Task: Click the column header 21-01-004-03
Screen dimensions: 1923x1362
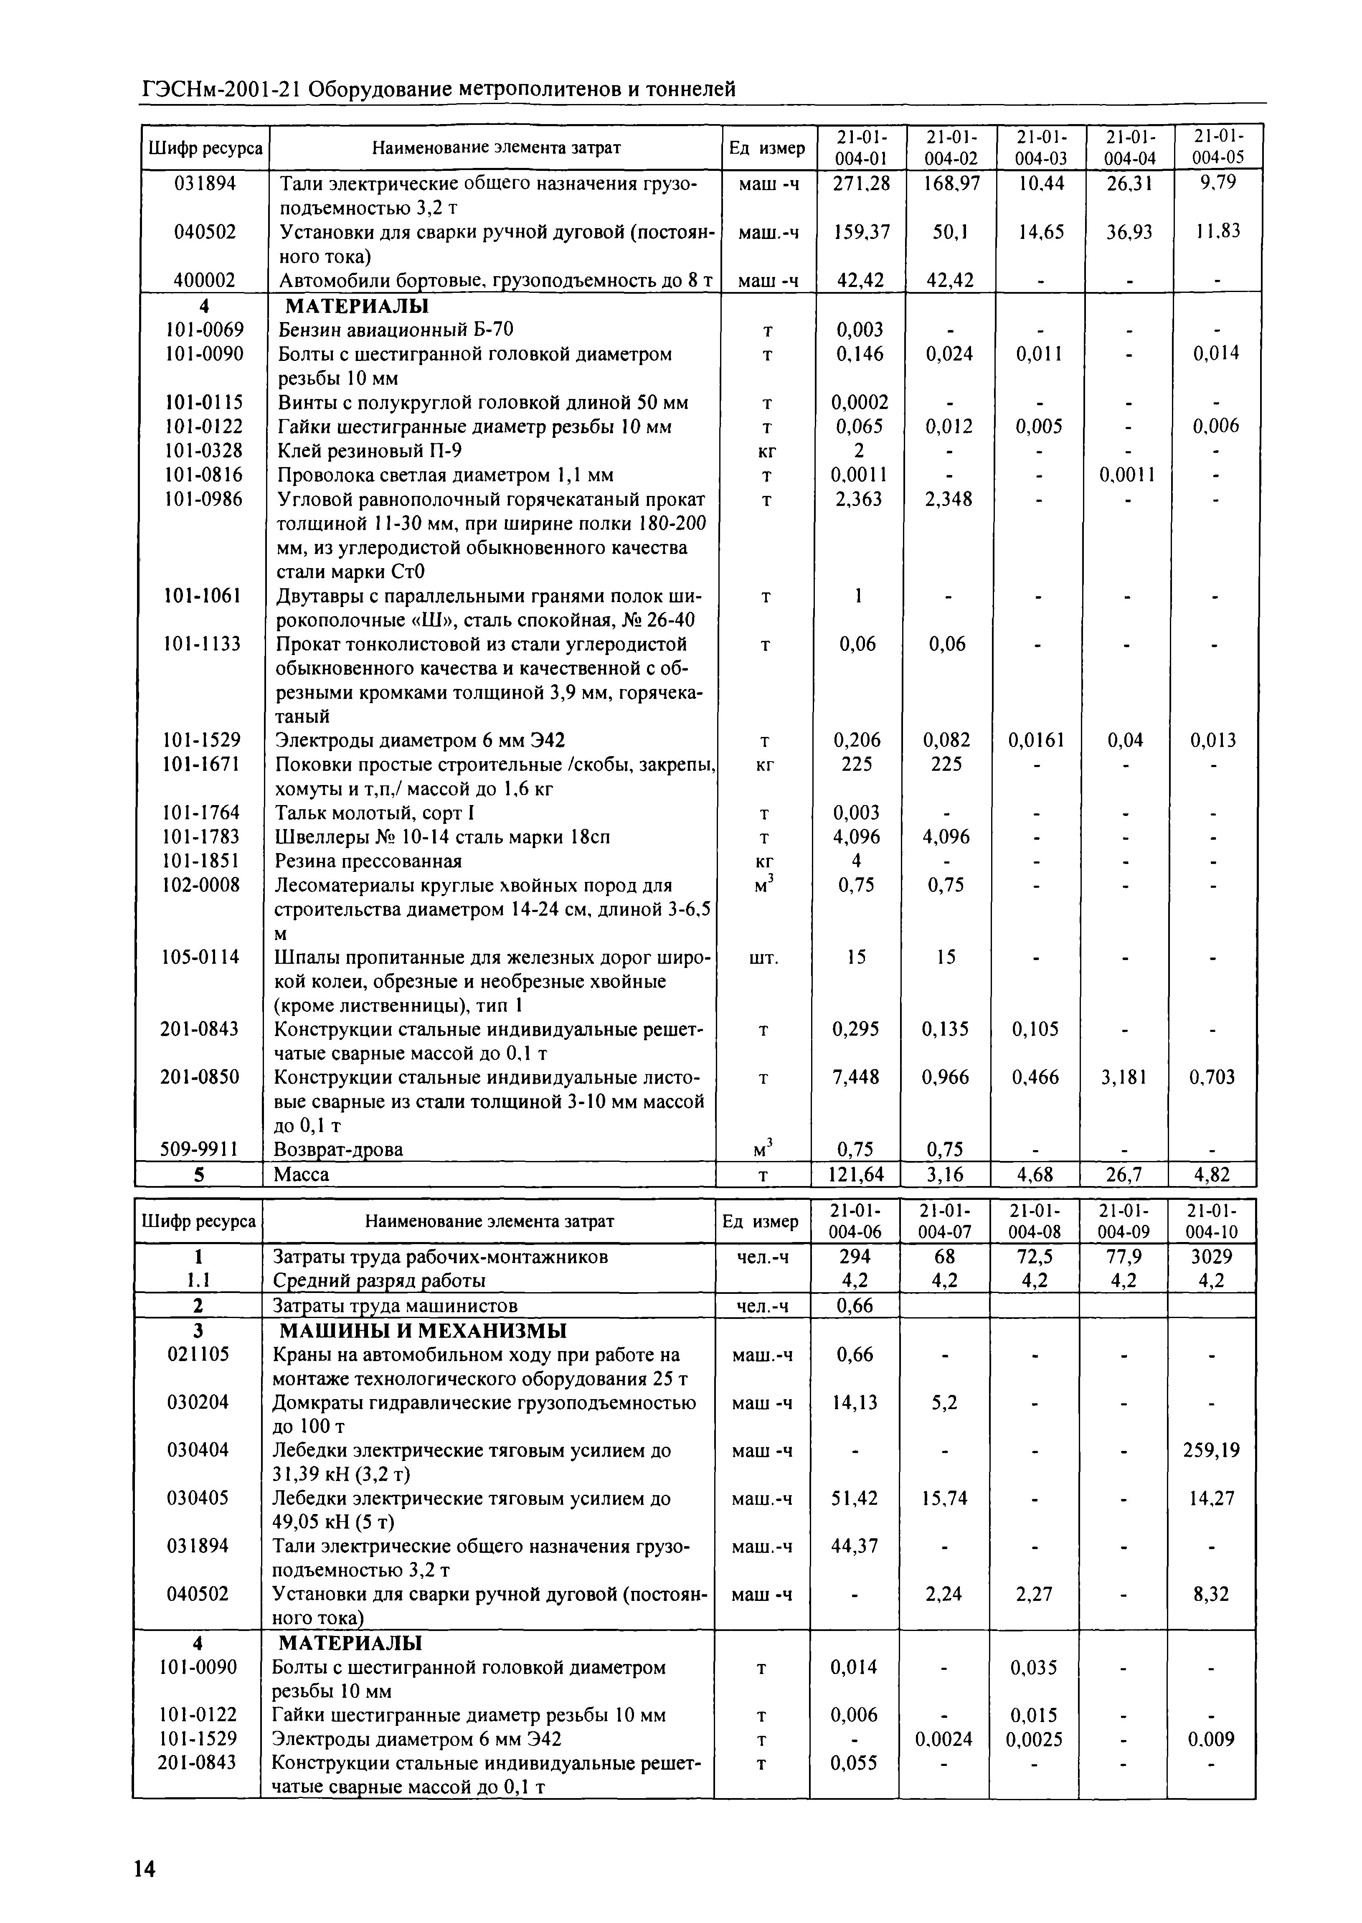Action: pyautogui.click(x=1040, y=147)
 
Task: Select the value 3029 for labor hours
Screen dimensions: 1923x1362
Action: pyautogui.click(x=1212, y=1256)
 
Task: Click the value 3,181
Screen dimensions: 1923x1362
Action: pyautogui.click(x=1128, y=1077)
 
